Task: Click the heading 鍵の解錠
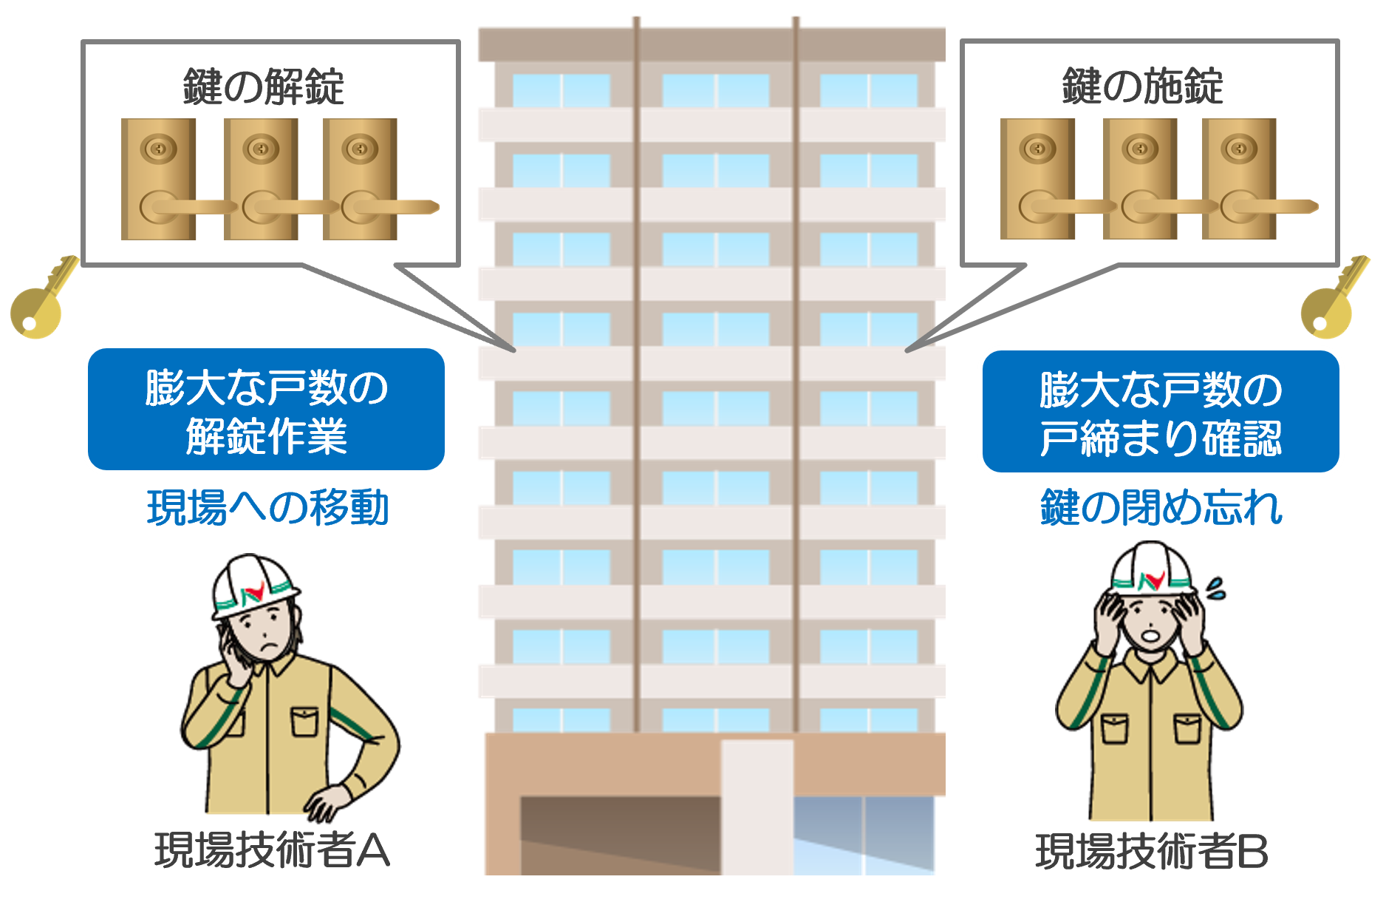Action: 263,87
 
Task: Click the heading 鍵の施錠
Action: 1142,87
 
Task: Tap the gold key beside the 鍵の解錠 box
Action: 41,299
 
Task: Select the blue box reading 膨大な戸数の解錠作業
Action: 266,410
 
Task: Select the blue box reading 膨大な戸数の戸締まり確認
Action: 1160,412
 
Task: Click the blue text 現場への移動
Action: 267,508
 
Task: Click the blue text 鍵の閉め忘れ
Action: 1161,508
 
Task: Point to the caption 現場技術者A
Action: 272,850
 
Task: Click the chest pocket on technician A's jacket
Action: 304,721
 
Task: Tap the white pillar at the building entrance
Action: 757,806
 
